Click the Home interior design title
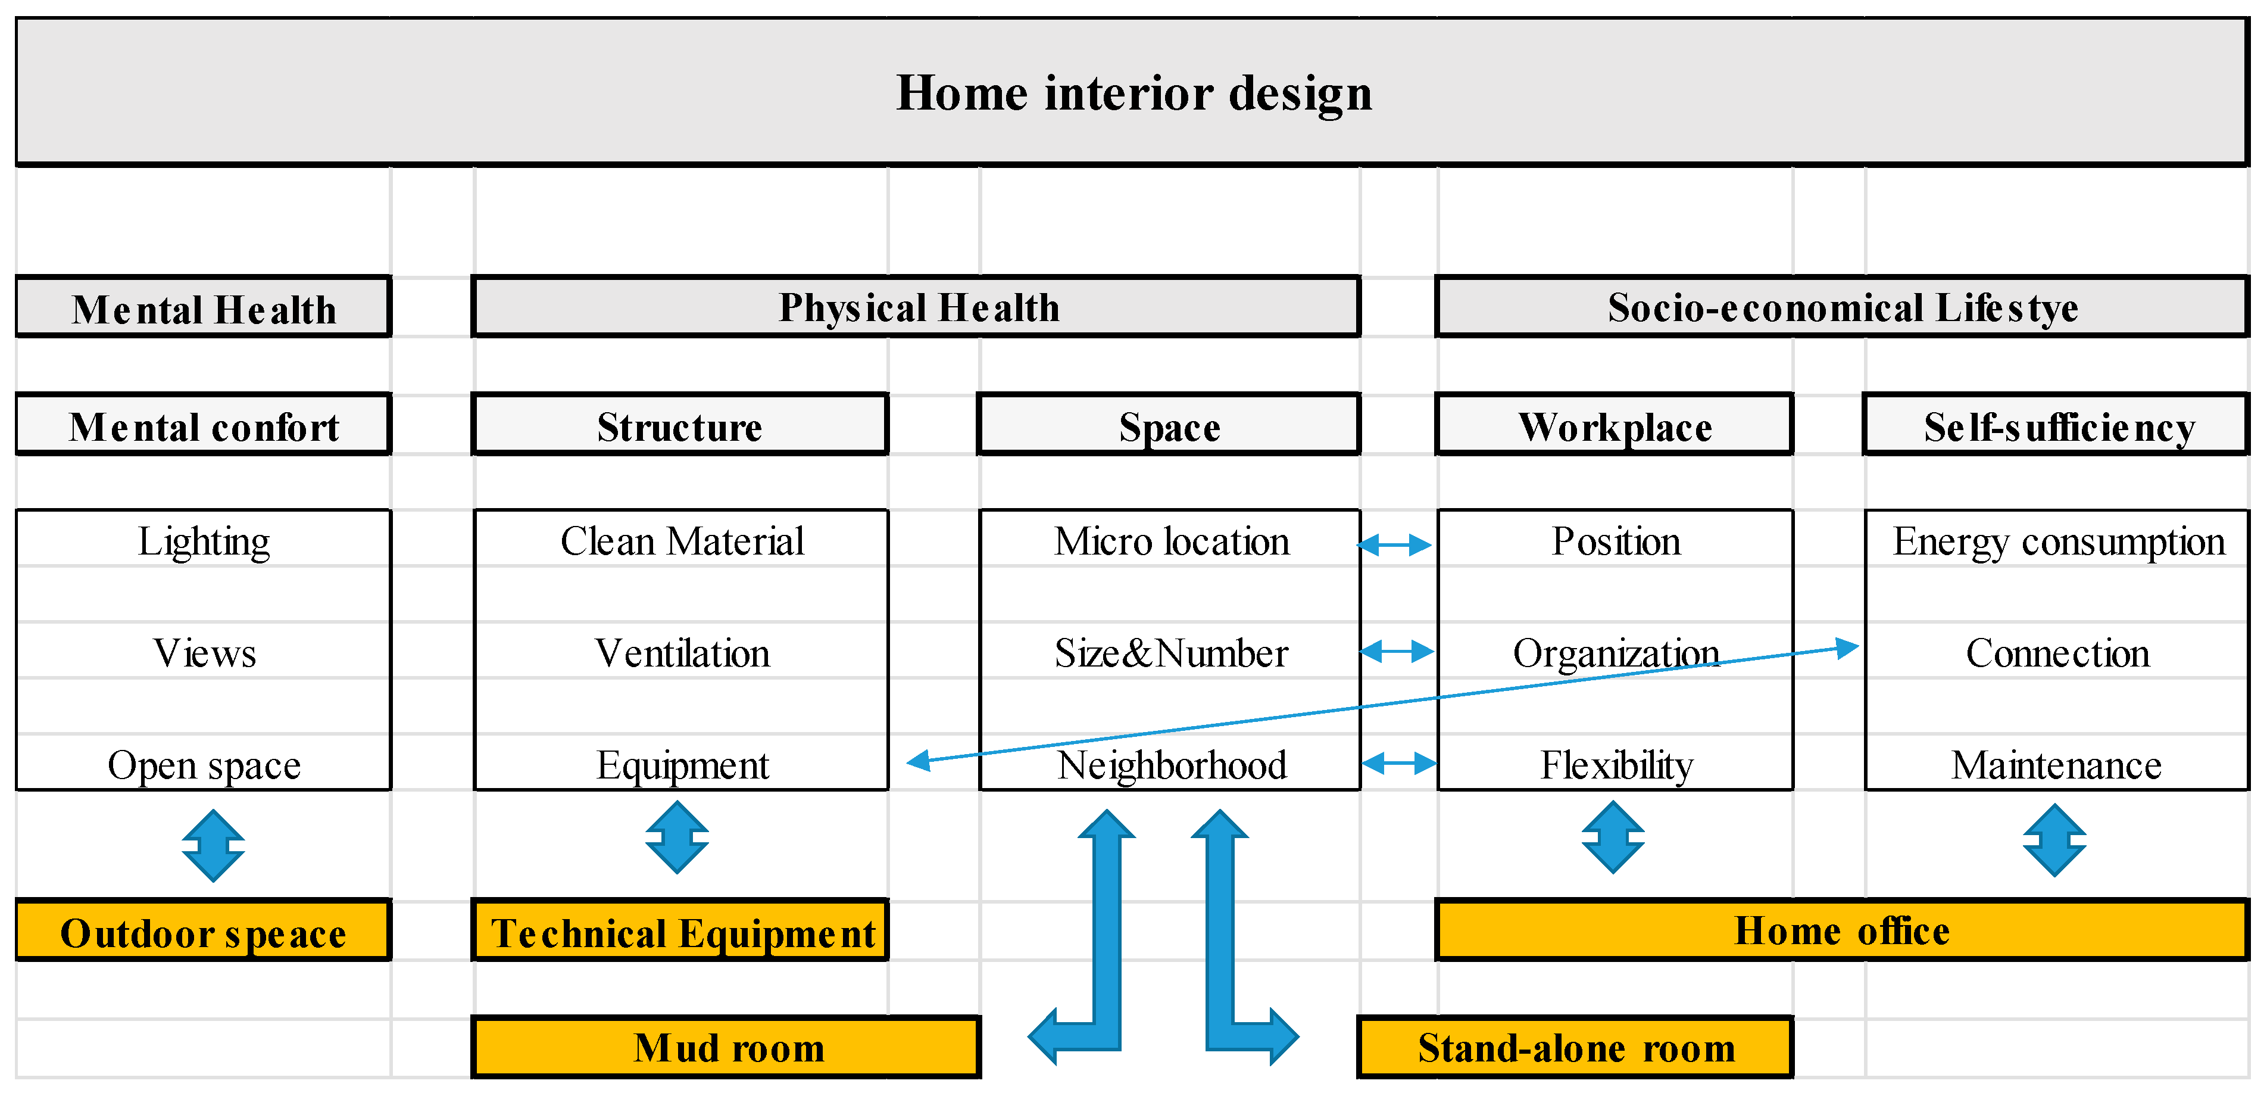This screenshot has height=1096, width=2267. click(x=1133, y=92)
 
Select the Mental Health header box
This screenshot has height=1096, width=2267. click(x=203, y=308)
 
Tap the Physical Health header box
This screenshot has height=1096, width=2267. click(x=917, y=307)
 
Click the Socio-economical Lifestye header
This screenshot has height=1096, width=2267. click(x=1842, y=307)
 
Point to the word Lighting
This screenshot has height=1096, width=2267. click(x=203, y=540)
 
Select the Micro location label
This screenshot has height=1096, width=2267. click(x=1172, y=540)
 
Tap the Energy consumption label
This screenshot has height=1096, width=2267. click(x=2057, y=540)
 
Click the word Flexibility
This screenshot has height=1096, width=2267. click(x=1616, y=765)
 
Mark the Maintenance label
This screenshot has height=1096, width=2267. click(x=2056, y=765)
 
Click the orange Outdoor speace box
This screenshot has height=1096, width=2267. click(x=203, y=932)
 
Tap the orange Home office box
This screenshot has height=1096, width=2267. click(x=1842, y=930)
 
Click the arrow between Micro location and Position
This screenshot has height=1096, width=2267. click(x=1396, y=545)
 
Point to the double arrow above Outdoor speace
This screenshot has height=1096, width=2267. click(x=213, y=845)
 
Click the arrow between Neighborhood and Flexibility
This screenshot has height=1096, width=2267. click(x=1398, y=762)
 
